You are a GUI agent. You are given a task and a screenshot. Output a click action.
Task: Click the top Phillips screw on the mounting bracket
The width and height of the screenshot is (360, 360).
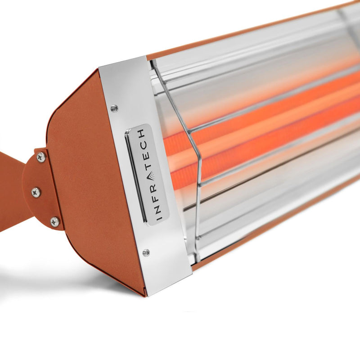click(x=41, y=157)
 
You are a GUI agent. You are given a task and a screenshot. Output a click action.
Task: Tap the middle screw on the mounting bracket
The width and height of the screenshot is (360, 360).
click(x=36, y=192)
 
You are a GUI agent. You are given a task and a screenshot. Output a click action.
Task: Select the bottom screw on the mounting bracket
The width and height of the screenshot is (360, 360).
click(x=54, y=221)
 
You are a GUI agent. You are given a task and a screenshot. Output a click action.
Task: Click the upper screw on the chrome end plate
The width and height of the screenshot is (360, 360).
click(x=114, y=108)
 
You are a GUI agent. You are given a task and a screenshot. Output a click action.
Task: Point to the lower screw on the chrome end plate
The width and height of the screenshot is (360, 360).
click(x=146, y=253)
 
